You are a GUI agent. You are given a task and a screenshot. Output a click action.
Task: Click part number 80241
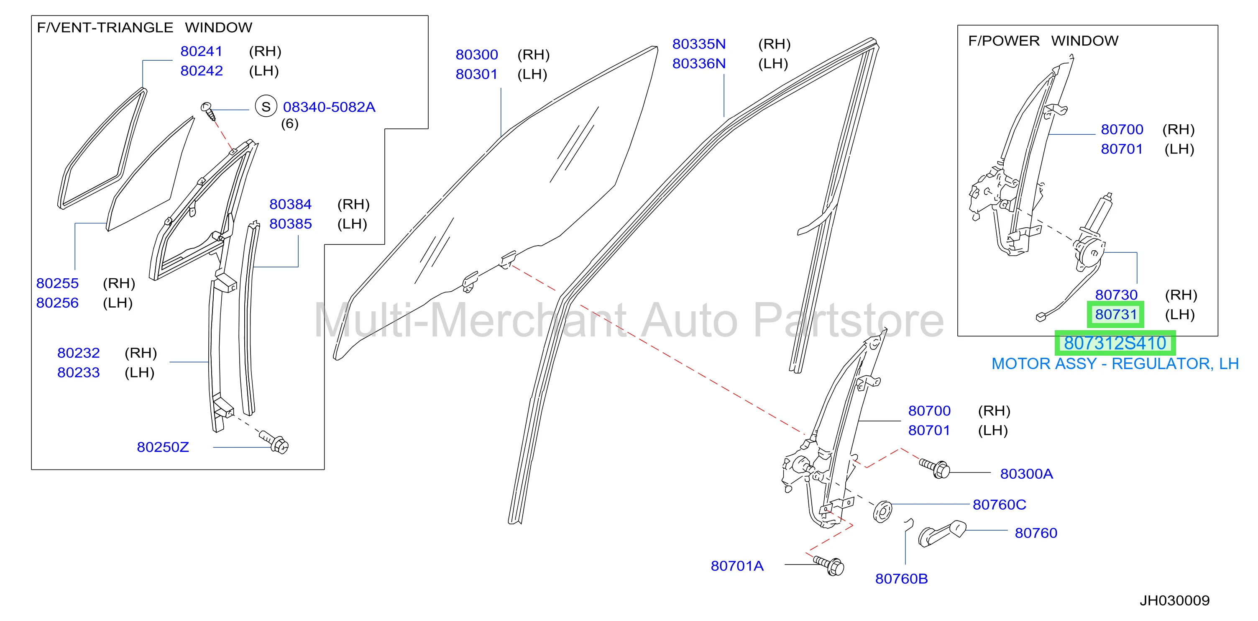tap(201, 51)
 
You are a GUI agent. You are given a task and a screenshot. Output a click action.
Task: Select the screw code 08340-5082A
tap(329, 107)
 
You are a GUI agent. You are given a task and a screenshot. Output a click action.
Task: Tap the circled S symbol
tap(266, 107)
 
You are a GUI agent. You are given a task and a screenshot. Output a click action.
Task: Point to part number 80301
tap(477, 74)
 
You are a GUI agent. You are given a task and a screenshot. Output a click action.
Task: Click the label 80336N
tap(699, 64)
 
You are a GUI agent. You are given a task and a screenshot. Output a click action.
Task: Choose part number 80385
tap(291, 224)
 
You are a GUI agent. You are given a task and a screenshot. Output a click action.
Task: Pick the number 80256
tap(57, 303)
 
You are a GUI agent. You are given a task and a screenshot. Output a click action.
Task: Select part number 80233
tap(78, 372)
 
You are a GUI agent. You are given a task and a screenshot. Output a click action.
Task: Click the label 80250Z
tap(163, 447)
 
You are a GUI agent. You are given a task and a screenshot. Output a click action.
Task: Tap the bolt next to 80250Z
tap(274, 441)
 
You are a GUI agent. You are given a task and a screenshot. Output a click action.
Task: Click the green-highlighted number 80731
tap(1116, 315)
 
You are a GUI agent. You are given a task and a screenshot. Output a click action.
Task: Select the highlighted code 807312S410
tap(1115, 343)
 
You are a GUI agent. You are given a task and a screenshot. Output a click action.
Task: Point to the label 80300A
tap(1027, 474)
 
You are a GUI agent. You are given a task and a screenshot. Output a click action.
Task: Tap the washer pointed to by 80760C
tap(882, 511)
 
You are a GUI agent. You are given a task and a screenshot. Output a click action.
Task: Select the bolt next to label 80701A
tap(829, 566)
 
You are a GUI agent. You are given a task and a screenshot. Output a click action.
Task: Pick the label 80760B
tap(902, 579)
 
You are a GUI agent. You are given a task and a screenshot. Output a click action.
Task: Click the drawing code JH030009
tap(1174, 600)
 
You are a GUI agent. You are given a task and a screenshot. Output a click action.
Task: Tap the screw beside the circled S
tap(209, 111)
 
